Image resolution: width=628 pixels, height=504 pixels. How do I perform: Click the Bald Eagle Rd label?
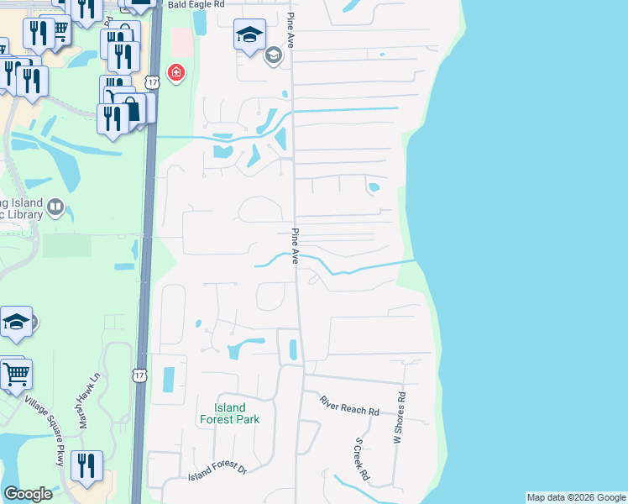pos(196,4)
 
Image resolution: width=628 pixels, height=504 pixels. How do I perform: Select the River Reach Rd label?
pos(349,406)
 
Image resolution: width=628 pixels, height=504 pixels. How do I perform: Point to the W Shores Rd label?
pos(400,417)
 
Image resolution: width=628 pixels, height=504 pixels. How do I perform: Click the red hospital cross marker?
pos(175,73)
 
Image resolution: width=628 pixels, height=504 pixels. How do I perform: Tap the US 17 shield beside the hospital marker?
pos(151,81)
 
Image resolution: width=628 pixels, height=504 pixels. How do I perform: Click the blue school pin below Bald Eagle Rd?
pos(249,35)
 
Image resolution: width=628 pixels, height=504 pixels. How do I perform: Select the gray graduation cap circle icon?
pos(272,56)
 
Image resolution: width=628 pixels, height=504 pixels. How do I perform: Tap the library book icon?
pos(55,207)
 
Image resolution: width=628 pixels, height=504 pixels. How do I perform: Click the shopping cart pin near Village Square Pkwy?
pos(16,375)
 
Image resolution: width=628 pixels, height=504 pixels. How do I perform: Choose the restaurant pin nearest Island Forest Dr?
pos(86,465)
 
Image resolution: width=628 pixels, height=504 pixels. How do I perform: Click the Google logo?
pos(28,494)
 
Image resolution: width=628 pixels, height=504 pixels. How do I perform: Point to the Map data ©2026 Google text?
pos(576,497)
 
